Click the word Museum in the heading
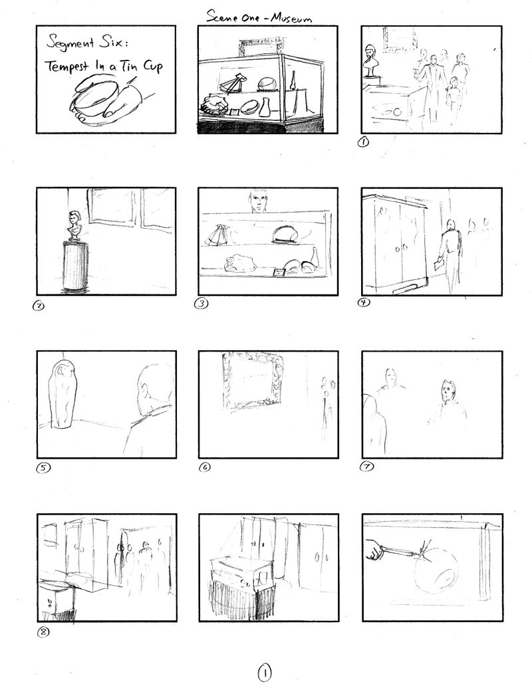tap(293, 17)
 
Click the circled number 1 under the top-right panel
tap(364, 142)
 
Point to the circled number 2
tap(39, 306)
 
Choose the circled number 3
tap(201, 304)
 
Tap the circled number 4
tap(364, 302)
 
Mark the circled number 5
tap(43, 468)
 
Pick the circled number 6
tap(205, 467)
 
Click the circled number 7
tap(366, 467)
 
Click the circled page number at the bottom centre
tap(265, 673)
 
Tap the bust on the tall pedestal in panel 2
tap(73, 226)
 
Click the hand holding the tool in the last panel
tap(374, 550)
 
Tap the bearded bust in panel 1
tap(370, 60)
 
